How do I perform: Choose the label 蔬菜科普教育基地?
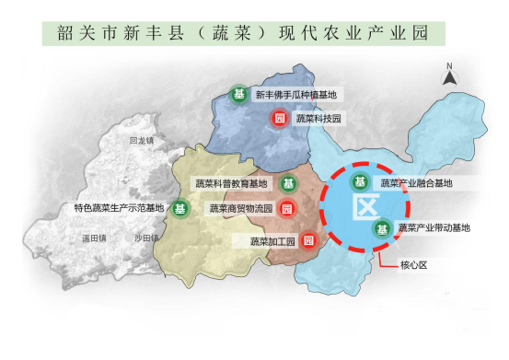tap(230, 183)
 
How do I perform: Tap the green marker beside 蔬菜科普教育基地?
tap(287, 183)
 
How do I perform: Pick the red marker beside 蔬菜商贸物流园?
tap(287, 208)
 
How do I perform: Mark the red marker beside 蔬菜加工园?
tap(309, 241)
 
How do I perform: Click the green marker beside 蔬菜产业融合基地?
tap(361, 182)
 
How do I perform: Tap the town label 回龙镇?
tap(142, 141)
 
